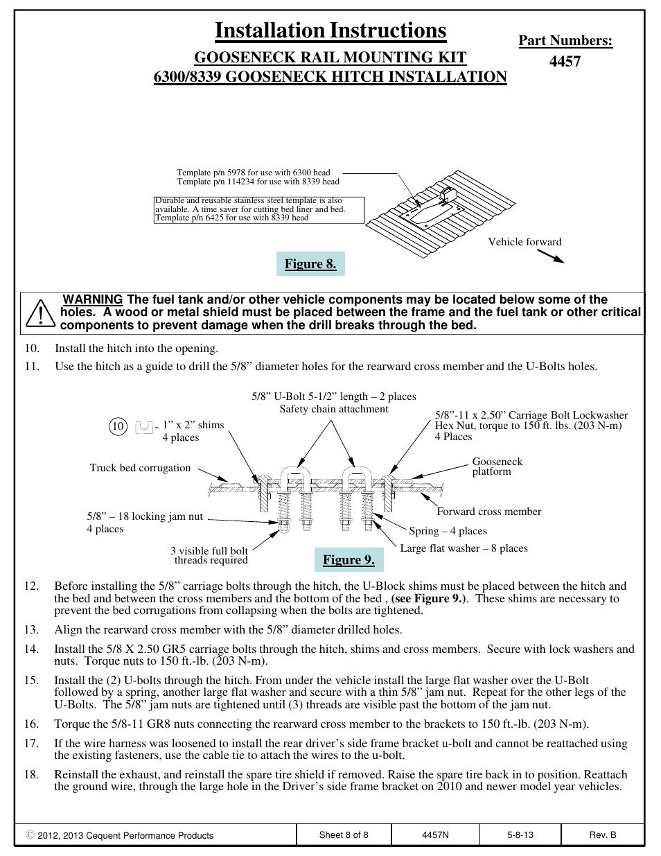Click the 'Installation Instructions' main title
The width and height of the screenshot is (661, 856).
pos(330,30)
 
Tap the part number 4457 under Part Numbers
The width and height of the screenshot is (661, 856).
pos(565,61)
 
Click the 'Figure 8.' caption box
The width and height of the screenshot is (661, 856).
pos(310,264)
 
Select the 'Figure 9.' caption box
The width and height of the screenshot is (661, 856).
pos(349,560)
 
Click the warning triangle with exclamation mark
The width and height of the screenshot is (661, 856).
pos(41,313)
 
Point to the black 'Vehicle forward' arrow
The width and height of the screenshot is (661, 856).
pos(551,256)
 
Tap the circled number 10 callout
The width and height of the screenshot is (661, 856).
pos(118,426)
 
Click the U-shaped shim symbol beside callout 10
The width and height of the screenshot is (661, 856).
pos(144,426)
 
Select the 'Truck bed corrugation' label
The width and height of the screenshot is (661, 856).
pos(140,468)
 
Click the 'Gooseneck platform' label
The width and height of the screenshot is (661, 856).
pos(497,466)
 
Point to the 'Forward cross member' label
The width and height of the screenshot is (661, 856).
pos(488,512)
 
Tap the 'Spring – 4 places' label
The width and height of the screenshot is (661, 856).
pos(448,531)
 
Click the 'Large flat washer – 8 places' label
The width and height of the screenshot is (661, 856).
pos(464,548)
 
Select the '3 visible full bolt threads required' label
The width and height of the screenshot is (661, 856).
pos(209,556)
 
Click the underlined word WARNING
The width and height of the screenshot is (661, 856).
pos(93,300)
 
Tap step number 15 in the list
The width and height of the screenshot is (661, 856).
pos(31,680)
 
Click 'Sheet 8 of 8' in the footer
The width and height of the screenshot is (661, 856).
pos(344,835)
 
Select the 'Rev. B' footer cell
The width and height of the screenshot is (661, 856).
pos(602,835)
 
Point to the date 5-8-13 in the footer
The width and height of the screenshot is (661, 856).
pos(520,835)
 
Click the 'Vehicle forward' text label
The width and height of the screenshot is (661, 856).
pos(525,242)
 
